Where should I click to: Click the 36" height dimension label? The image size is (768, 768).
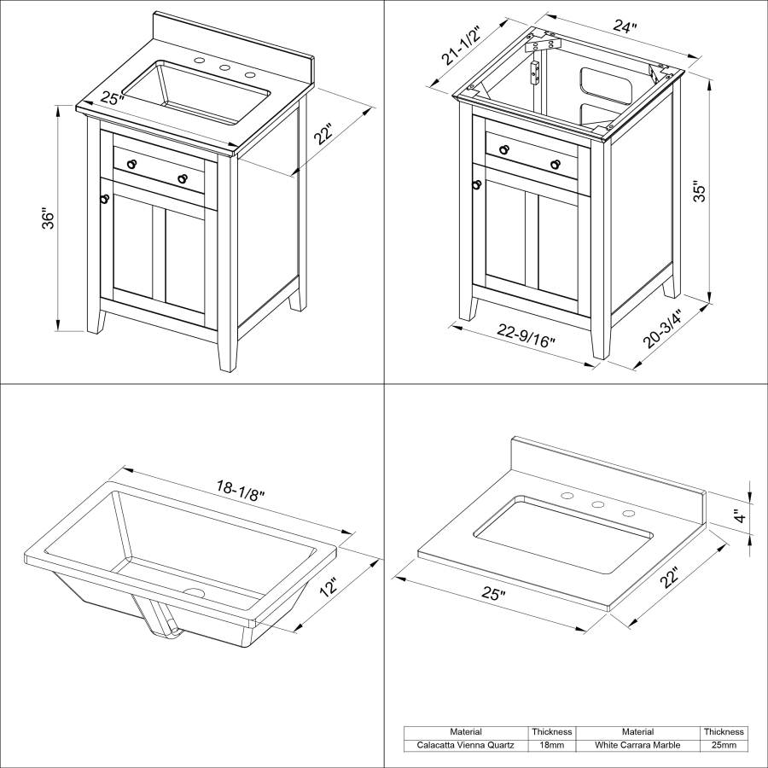[x=49, y=220]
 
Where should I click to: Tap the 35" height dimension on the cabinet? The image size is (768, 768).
[x=700, y=193]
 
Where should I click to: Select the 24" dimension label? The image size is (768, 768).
[x=625, y=26]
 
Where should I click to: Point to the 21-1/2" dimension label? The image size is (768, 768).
[x=460, y=45]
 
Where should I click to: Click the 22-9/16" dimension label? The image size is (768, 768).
[x=526, y=335]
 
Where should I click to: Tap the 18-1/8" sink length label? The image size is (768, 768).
[x=241, y=491]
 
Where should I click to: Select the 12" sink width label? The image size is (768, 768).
[x=329, y=587]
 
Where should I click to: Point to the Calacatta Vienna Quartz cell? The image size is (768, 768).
[x=465, y=745]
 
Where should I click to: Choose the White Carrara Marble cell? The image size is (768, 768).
[x=637, y=745]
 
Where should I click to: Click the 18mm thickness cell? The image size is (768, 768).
[x=551, y=745]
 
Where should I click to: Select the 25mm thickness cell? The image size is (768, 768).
[x=724, y=745]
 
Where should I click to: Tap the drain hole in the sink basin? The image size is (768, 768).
[x=194, y=592]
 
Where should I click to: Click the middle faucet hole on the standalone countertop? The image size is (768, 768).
[x=597, y=504]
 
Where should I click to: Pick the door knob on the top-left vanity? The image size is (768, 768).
[x=104, y=199]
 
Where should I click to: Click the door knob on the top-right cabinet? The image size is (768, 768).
[x=476, y=184]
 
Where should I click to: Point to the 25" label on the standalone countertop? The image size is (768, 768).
[x=494, y=594]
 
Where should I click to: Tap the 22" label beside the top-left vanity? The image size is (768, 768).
[x=323, y=134]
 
